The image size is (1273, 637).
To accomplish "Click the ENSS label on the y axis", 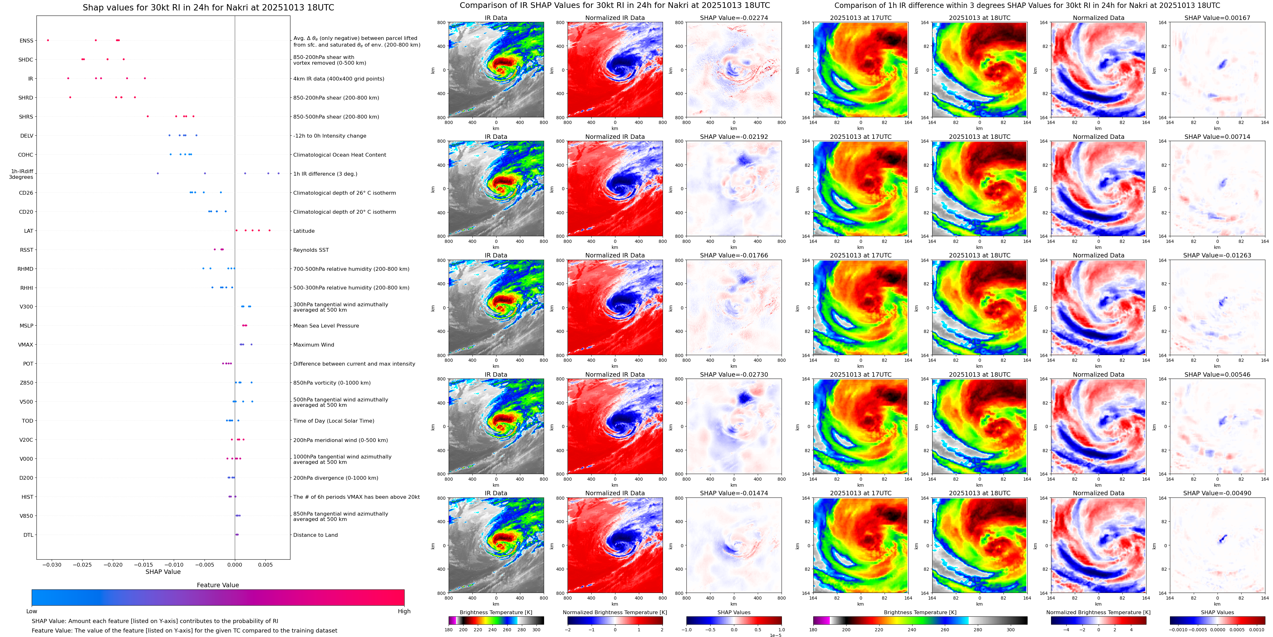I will [x=26, y=41].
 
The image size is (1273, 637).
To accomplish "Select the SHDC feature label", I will [x=26, y=60].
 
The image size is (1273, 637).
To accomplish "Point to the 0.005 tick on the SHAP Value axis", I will [x=265, y=565].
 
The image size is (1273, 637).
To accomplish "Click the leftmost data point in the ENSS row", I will [x=48, y=40].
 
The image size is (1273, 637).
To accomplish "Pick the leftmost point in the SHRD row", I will [x=70, y=97].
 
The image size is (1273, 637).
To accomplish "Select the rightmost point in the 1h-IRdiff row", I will [x=278, y=173].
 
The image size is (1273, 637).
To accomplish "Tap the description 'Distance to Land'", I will [x=315, y=535].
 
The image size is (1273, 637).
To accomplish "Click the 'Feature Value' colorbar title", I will [x=218, y=585].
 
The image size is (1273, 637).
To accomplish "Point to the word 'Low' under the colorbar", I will [x=32, y=611].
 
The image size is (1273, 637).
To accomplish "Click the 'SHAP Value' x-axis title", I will [x=163, y=572].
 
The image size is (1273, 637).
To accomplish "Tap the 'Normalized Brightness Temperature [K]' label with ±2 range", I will [x=614, y=612].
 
